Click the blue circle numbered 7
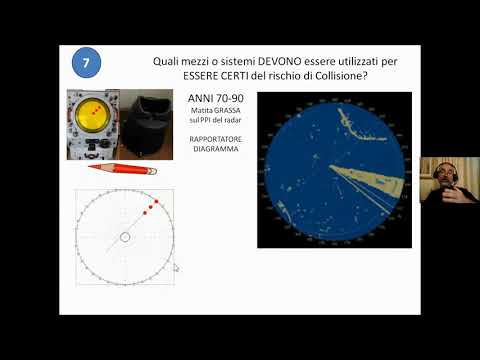click(x=87, y=63)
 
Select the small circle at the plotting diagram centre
click(x=124, y=237)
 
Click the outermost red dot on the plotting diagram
click(x=157, y=202)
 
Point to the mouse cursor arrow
click(x=176, y=267)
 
